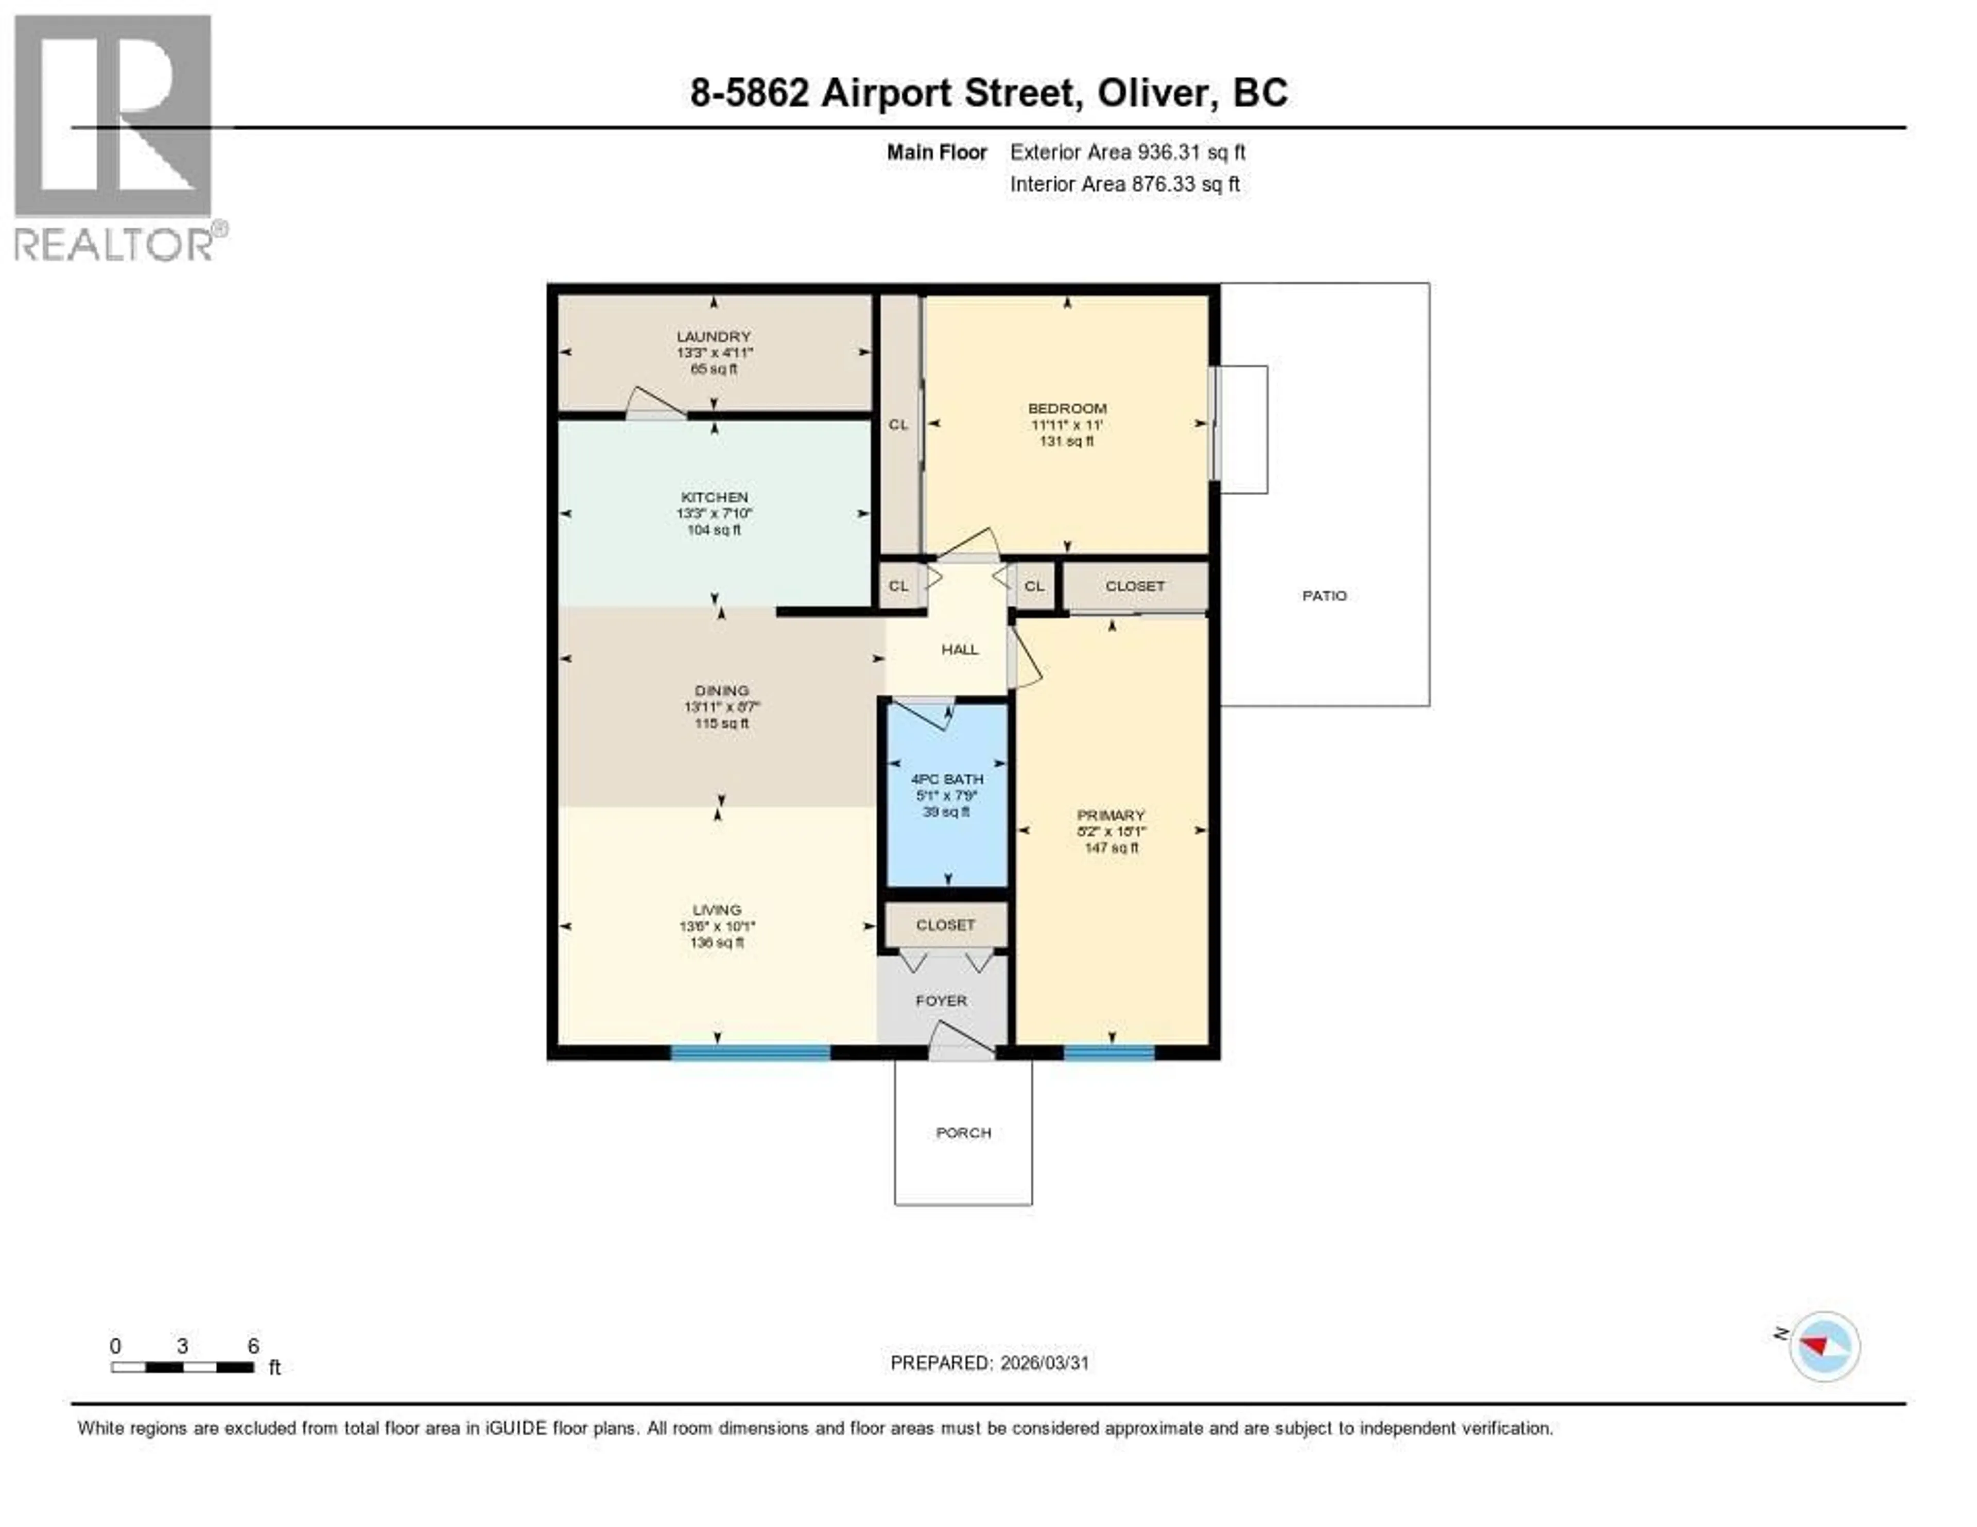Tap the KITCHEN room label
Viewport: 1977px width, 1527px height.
714,497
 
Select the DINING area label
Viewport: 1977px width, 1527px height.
721,690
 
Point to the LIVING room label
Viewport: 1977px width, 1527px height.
716,910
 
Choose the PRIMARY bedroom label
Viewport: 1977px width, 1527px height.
1111,814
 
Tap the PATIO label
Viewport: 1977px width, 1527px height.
1324,596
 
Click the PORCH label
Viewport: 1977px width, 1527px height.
963,1132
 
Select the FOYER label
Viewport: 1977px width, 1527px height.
942,1000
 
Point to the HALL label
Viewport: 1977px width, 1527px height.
960,649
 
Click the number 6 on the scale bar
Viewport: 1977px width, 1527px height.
253,1346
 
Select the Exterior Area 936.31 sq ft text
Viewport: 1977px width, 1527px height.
1127,152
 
